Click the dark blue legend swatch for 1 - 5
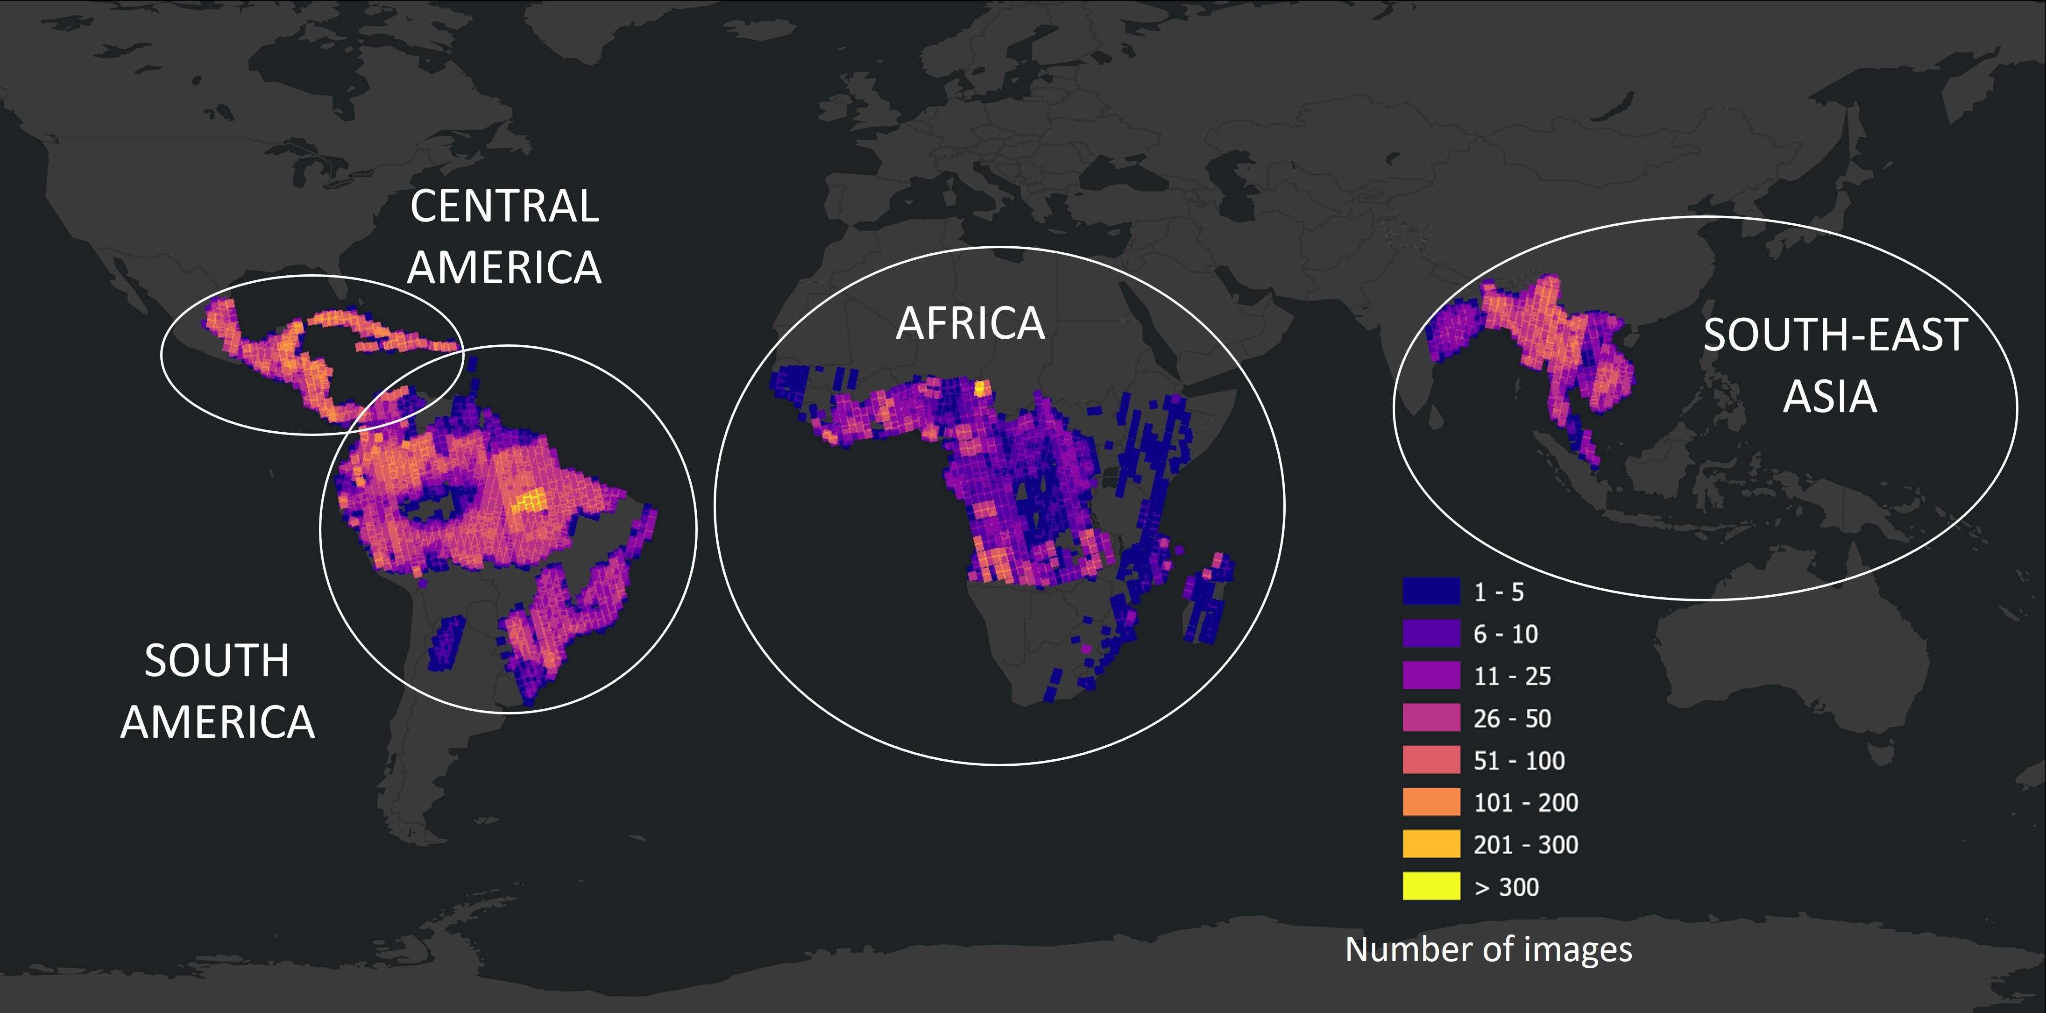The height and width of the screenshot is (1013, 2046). click(x=1430, y=591)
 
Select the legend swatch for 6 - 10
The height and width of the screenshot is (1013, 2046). click(x=1430, y=633)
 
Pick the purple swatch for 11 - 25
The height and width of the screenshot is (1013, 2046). click(x=1430, y=675)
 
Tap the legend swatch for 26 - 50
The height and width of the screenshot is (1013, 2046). click(x=1430, y=717)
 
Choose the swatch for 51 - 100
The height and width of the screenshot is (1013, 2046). click(x=1430, y=760)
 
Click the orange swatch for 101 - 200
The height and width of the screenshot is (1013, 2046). click(x=1430, y=802)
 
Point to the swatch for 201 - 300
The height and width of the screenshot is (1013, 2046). click(x=1430, y=844)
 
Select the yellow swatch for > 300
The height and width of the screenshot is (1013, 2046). click(x=1430, y=886)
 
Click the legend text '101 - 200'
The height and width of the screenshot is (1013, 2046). click(x=1525, y=802)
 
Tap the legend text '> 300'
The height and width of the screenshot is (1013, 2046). click(x=1506, y=887)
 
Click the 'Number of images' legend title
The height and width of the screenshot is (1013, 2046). click(x=1487, y=949)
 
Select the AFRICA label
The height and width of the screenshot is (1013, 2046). click(x=970, y=323)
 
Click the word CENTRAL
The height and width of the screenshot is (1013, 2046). click(x=504, y=207)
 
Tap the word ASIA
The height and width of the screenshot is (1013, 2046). click(x=1829, y=396)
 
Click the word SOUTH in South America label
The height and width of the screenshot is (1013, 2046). click(x=217, y=660)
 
